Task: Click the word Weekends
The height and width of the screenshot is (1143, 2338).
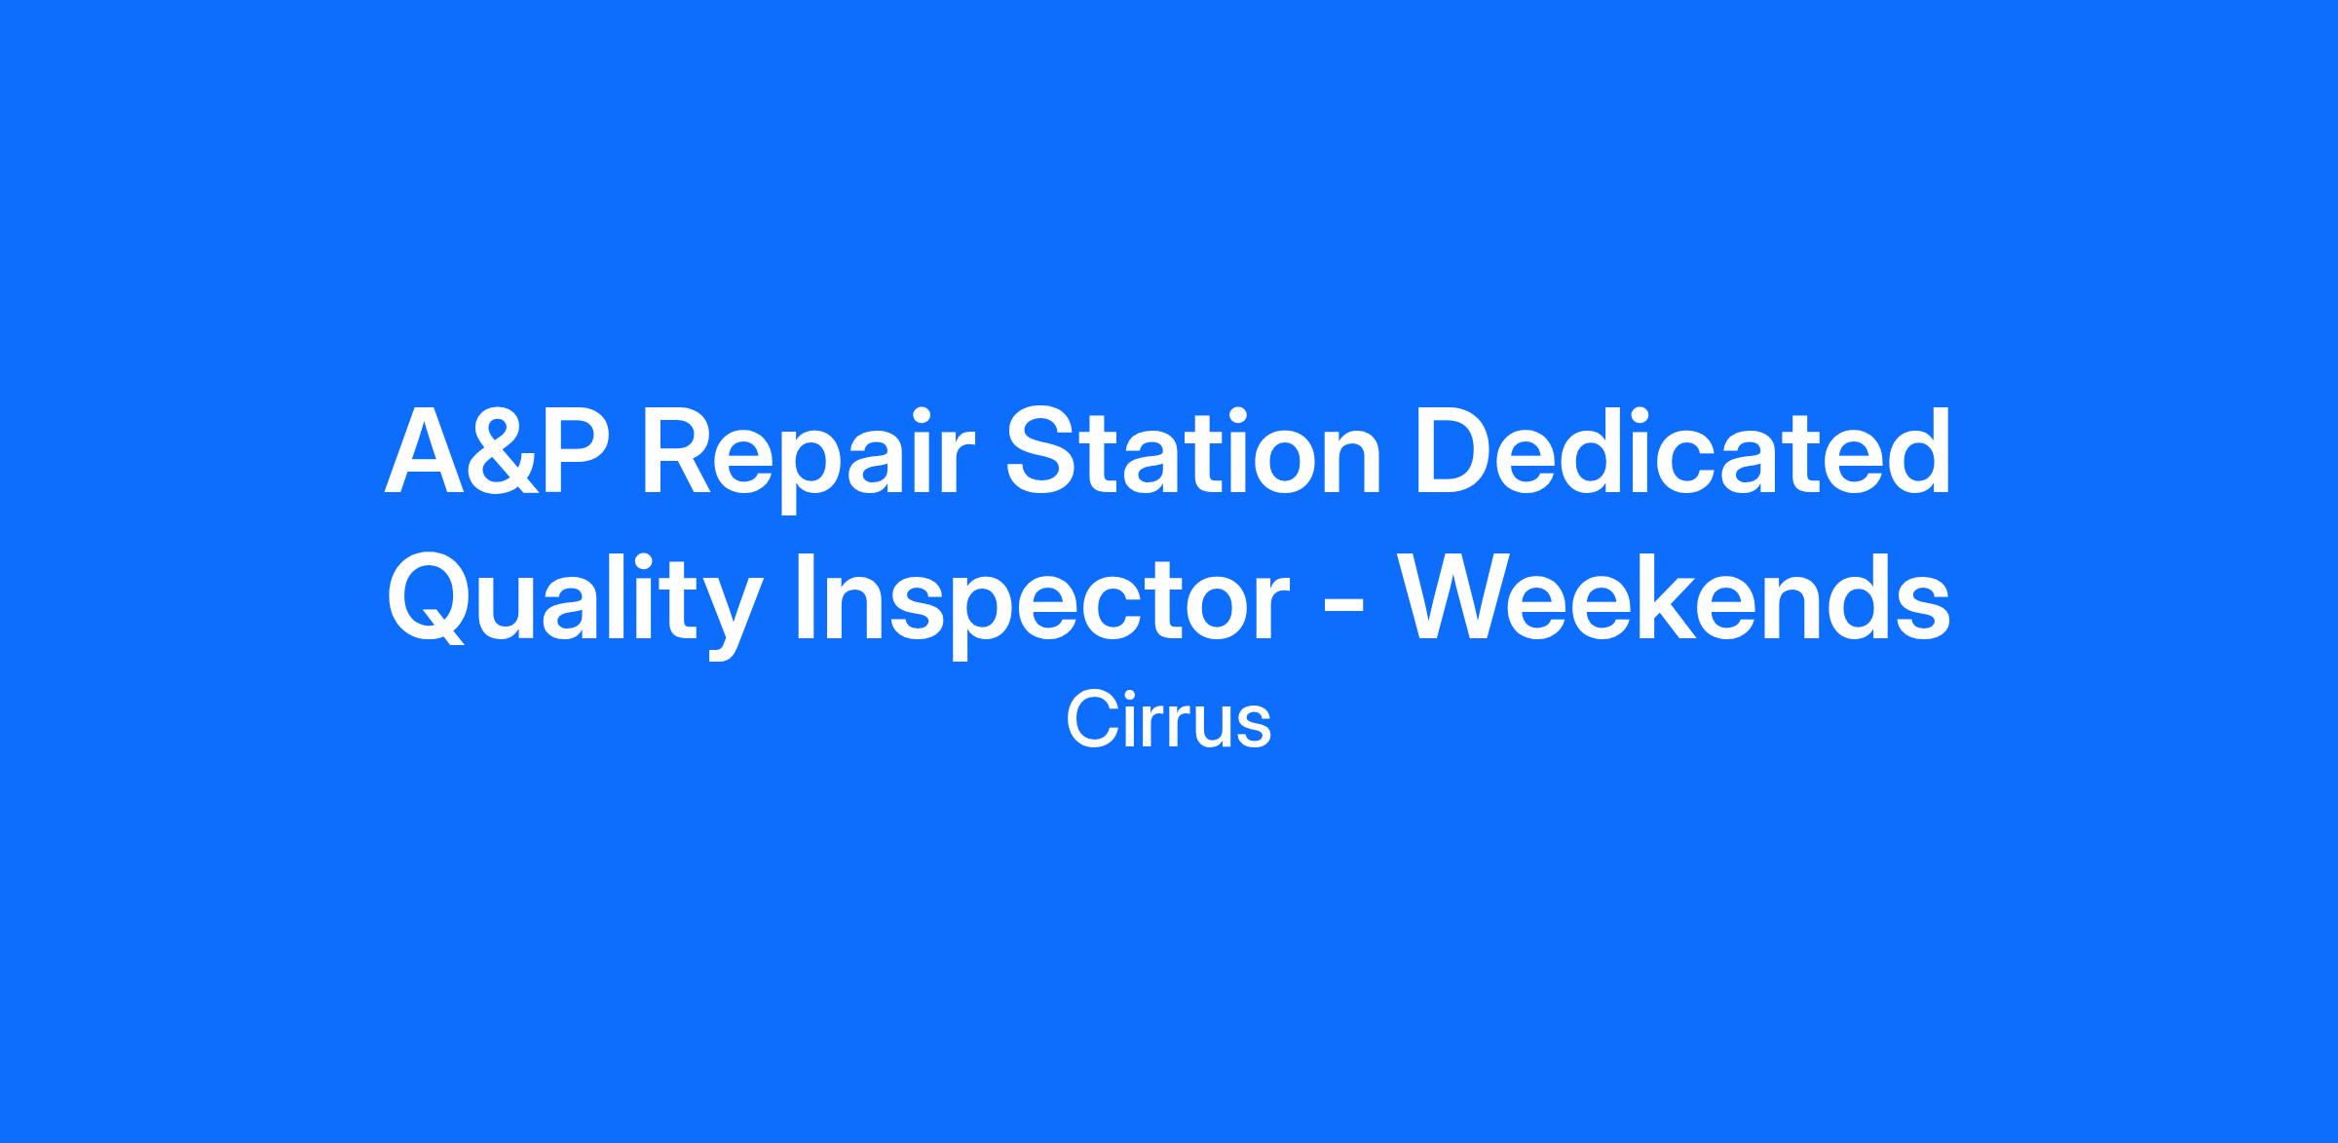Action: pos(1675,597)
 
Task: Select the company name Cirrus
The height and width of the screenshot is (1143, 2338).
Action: pos(1169,720)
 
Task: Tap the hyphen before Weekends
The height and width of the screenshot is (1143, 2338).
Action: pos(1344,611)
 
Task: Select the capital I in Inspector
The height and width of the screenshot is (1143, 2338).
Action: pos(805,598)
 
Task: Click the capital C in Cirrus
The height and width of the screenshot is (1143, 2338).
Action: pos(1091,720)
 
